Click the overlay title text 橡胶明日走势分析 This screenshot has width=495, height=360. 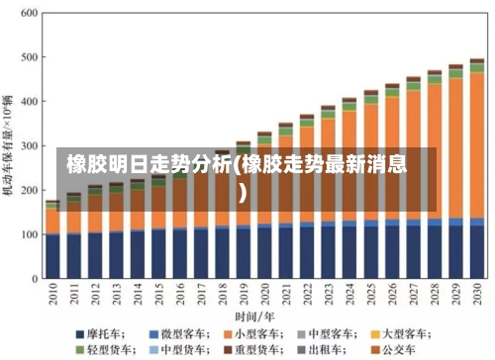click(x=148, y=164)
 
